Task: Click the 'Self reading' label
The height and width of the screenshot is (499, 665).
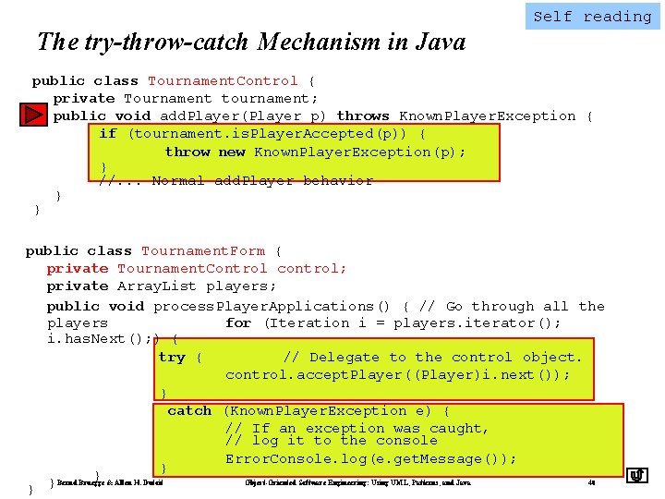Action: [592, 17]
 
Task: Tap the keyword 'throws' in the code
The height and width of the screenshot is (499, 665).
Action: [363, 116]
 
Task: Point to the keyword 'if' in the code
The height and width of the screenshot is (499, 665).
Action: [108, 134]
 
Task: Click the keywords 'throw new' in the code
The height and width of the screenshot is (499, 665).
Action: [205, 152]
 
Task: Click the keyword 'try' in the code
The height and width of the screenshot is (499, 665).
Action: [172, 358]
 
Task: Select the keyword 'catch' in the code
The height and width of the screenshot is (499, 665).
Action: [189, 411]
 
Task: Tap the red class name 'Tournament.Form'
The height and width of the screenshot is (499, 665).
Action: [202, 251]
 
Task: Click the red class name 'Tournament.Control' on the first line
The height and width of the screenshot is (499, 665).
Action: [223, 81]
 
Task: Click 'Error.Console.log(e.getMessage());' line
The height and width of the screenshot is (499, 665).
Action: [370, 459]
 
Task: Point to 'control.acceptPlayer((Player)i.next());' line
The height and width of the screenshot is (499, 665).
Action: [397, 375]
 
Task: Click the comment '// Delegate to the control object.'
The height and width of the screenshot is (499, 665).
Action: [432, 358]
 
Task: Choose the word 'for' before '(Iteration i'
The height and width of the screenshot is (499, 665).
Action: [237, 323]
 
